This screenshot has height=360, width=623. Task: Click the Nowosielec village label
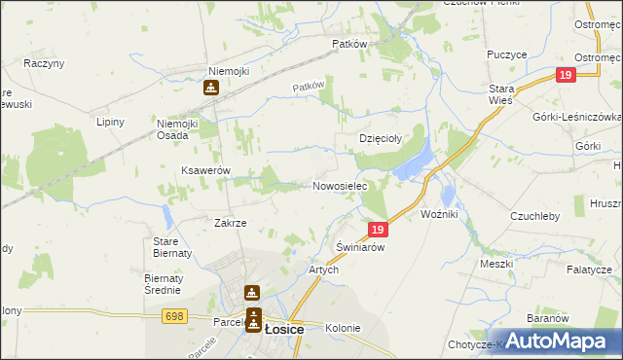[339, 186]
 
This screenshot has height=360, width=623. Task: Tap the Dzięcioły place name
[382, 138]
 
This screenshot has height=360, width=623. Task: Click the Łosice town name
[284, 329]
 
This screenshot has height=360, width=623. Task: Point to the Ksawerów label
[204, 170]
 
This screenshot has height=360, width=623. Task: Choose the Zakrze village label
[230, 223]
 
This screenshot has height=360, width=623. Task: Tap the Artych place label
[323, 270]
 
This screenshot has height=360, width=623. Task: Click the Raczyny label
[44, 63]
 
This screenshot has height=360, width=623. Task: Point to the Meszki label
[495, 264]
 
